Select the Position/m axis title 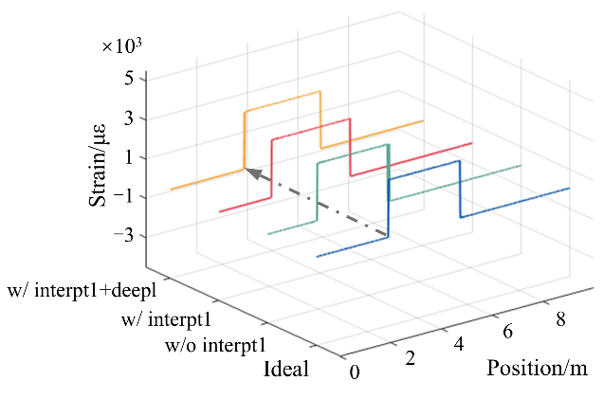pyautogui.click(x=538, y=368)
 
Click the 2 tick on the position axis pyautogui.click(x=411, y=356)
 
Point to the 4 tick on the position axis pyautogui.click(x=459, y=343)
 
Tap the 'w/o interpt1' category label pyautogui.click(x=214, y=343)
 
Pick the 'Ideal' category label pyautogui.click(x=286, y=369)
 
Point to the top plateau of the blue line pyautogui.click(x=424, y=170)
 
